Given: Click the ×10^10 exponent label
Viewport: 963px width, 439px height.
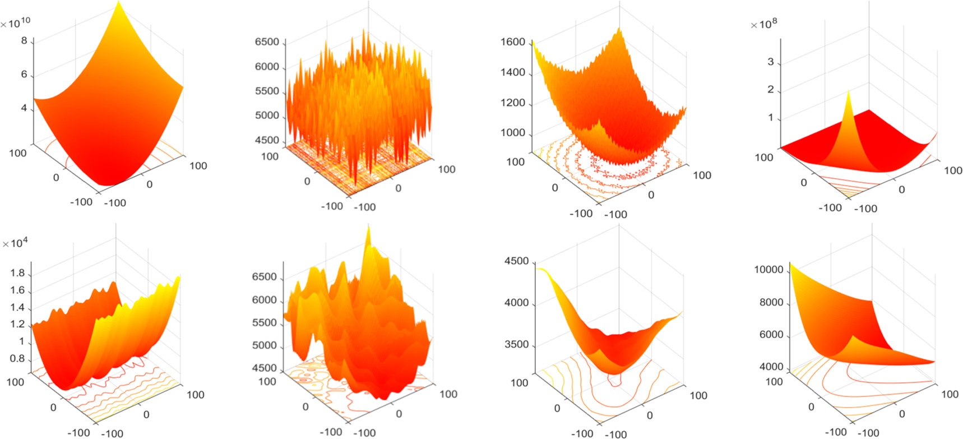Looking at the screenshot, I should click(16, 23).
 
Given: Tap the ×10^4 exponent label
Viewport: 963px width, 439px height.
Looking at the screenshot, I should click(15, 243).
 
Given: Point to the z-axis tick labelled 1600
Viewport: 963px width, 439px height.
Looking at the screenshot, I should click(512, 42).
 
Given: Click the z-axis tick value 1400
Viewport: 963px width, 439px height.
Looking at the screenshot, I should click(512, 72).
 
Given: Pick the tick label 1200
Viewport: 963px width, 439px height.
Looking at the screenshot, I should click(512, 103).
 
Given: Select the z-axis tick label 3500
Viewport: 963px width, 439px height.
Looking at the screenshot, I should click(516, 344).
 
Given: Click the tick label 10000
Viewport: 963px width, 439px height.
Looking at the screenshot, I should click(768, 270).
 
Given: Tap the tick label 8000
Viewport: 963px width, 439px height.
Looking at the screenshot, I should click(771, 302).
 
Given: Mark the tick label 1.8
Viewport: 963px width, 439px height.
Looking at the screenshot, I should click(17, 274).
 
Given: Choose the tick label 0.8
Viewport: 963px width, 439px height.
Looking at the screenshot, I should click(17, 359).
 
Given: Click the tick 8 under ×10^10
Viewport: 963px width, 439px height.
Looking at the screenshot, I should click(24, 40).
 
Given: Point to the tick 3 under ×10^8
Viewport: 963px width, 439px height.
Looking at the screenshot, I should click(770, 62).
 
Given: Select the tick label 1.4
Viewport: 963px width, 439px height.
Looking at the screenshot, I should click(17, 307).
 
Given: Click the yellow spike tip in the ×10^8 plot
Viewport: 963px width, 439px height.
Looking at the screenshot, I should click(848, 91).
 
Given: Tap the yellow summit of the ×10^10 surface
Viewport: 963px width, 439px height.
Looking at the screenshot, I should click(119, 3).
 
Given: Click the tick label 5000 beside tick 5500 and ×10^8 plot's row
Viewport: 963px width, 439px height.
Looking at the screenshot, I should click(267, 115).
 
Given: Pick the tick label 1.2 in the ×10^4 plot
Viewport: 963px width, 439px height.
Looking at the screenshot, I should click(17, 324).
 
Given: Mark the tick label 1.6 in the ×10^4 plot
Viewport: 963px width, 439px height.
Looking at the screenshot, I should click(17, 290).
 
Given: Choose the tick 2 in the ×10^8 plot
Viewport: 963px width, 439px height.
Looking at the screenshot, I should click(770, 90).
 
